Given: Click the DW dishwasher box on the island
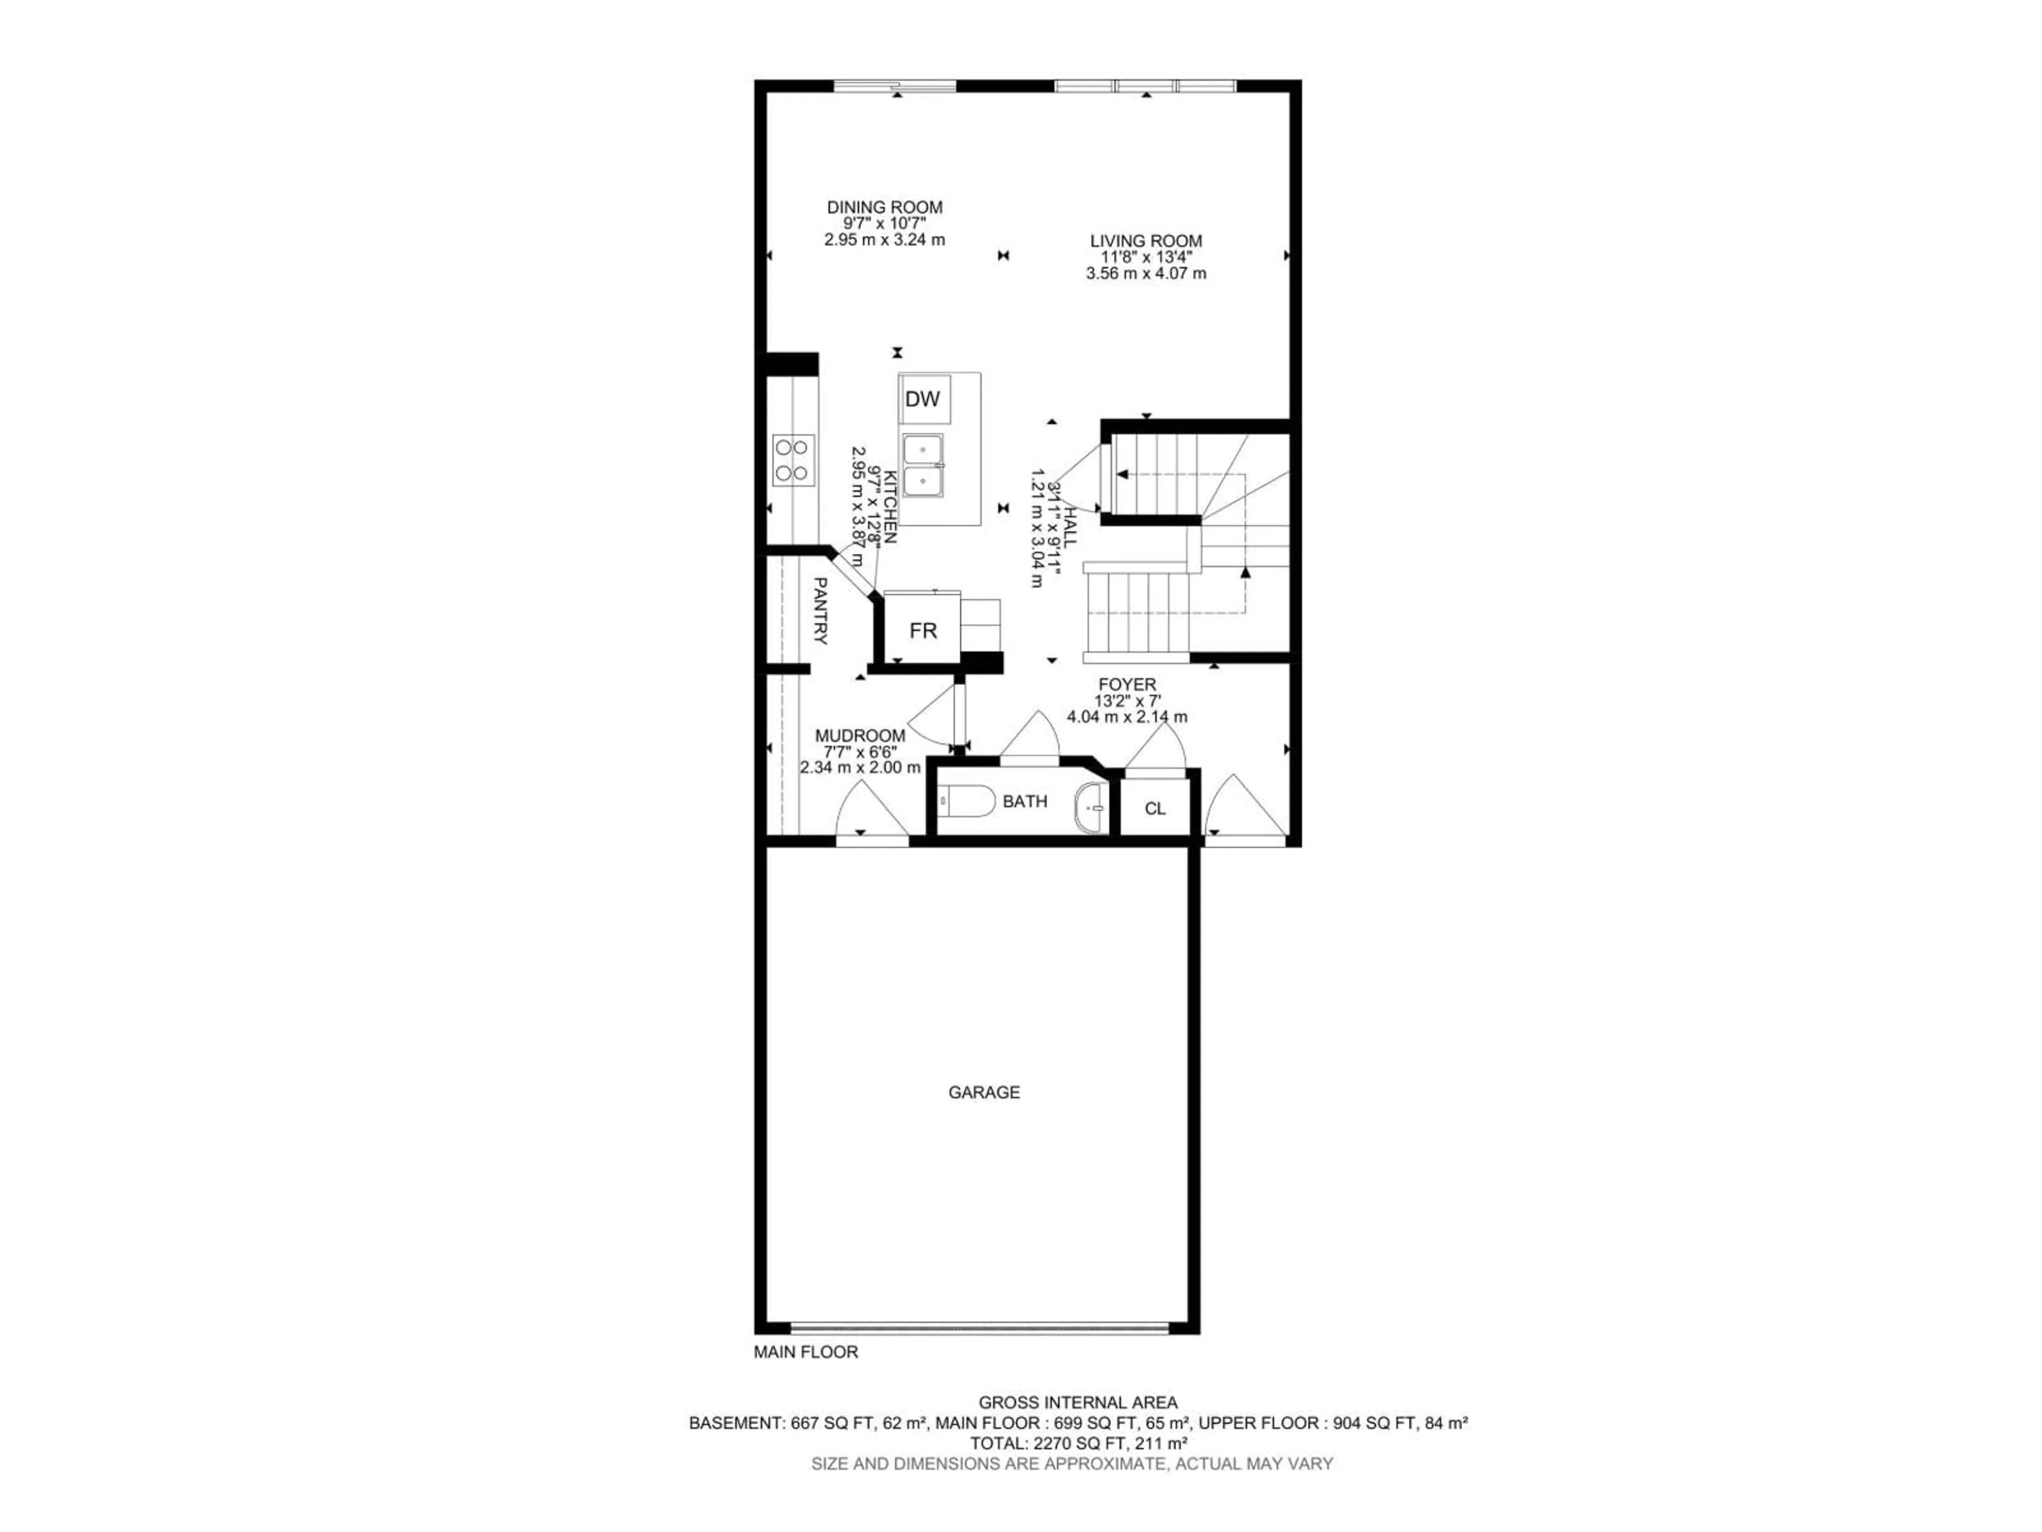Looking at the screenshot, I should click(923, 399).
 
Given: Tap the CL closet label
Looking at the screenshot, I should click(1155, 809).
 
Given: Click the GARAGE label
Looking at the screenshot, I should click(984, 1093).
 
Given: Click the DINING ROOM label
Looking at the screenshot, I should click(884, 208).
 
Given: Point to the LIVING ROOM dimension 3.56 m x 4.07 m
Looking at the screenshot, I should click(1145, 273).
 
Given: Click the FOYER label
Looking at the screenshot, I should click(1126, 684).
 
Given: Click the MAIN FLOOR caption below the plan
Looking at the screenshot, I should click(806, 1352).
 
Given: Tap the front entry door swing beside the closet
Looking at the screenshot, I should click(1244, 809).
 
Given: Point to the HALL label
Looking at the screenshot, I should click(1068, 527).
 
